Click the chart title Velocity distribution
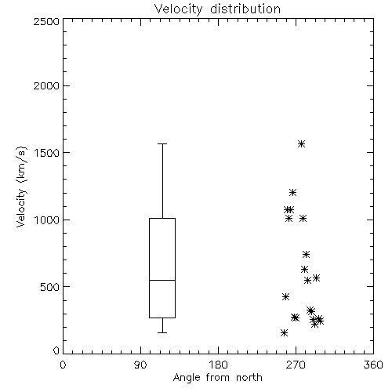[x=217, y=9]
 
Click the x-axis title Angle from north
[x=217, y=378]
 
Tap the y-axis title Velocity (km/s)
[x=21, y=187]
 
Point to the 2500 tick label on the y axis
[x=47, y=21]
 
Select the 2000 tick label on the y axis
[x=47, y=85]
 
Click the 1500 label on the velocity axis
[x=47, y=153]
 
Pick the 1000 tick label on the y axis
[x=47, y=220]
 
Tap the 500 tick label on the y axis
[x=50, y=287]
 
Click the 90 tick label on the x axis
[x=140, y=365]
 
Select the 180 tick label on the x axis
[x=218, y=365]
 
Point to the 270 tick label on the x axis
[x=296, y=365]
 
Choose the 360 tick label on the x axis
[x=373, y=365]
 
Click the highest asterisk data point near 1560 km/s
[x=302, y=144]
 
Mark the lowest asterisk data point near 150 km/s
[x=285, y=333]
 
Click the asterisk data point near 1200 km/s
[x=293, y=193]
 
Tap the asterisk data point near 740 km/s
[x=306, y=255]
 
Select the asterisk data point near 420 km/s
[x=286, y=296]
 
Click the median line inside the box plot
[x=162, y=280]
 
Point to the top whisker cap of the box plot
[x=162, y=143]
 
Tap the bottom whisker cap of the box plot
[x=162, y=332]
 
